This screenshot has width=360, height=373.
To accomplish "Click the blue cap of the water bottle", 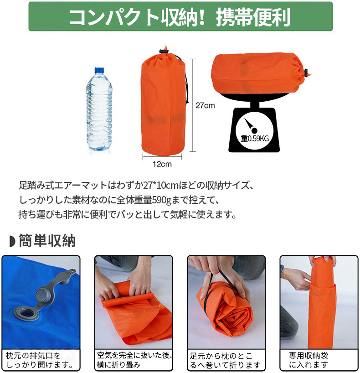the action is pos(99,70).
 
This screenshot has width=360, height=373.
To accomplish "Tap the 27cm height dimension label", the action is pos(205,105).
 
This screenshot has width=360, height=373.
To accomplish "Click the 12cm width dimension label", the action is pos(162,164).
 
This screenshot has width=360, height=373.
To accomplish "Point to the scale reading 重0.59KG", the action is pos(255,138).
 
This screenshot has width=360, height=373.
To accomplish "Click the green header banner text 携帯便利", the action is pos(253,17).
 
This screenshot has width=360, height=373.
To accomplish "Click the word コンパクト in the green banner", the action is pos(113,17).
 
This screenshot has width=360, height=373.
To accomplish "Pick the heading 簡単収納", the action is pos(47,241).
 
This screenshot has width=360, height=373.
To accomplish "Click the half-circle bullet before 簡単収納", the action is pos(12,241).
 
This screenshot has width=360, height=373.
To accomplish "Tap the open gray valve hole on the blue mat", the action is pos(26,314).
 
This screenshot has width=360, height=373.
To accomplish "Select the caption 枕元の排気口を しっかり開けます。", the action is pos(40,360).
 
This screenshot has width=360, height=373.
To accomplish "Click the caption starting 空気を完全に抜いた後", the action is pos(134,360).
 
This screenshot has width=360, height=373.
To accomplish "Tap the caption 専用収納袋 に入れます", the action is pos(309,360).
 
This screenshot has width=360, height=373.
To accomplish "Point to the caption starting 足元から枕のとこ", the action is pos(225,360).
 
